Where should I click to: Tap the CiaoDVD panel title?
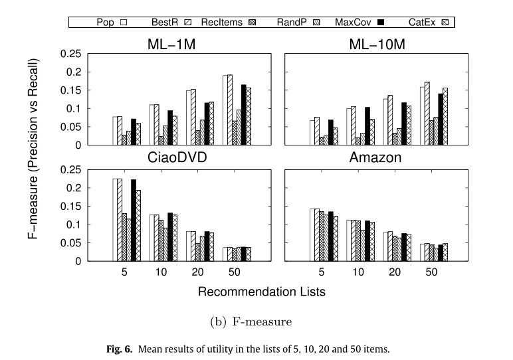[171, 158]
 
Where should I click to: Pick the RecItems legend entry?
[236, 22]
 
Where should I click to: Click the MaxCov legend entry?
[359, 22]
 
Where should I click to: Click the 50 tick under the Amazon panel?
[431, 273]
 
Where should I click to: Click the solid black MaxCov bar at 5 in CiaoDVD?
[133, 220]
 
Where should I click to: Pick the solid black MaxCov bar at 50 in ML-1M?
[243, 114]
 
